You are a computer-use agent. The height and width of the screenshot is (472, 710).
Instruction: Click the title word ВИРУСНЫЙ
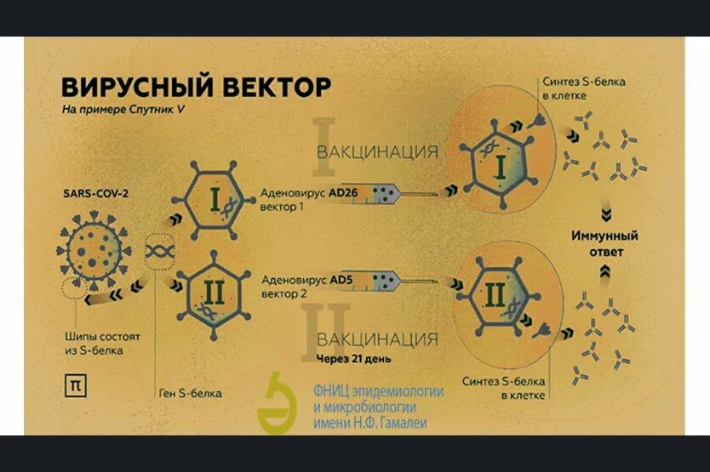[129, 88]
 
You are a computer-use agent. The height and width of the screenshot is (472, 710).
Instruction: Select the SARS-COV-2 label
[96, 192]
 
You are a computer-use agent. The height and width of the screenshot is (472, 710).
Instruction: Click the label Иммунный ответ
[604, 243]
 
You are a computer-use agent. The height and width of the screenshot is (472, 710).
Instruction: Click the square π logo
[75, 384]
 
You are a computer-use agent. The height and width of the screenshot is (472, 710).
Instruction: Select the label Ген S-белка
[191, 393]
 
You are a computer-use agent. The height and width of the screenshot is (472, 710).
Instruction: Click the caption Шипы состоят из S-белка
[102, 343]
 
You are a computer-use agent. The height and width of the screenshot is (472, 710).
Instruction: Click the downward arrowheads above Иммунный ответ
[604, 213]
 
